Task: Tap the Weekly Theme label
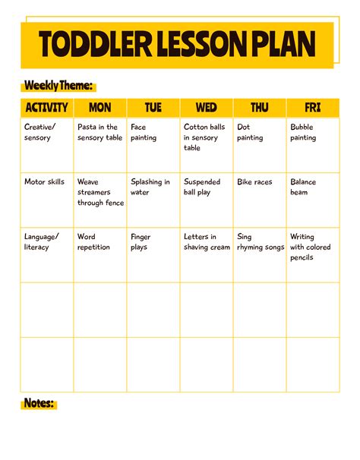[x=59, y=86]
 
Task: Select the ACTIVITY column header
[x=46, y=108]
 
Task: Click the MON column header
[x=99, y=108]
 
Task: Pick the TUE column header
[x=153, y=108]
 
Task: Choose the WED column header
[x=206, y=108]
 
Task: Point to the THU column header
[x=259, y=108]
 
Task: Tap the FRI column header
[x=312, y=108]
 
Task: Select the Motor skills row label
[x=44, y=182]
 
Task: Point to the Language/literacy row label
[x=42, y=242]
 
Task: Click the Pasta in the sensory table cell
[x=99, y=133]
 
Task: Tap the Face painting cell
[x=144, y=133]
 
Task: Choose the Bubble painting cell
[x=303, y=133]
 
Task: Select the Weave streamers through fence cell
[x=99, y=192]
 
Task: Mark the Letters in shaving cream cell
[x=205, y=242]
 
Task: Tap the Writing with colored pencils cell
[x=311, y=247]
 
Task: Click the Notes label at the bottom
[x=39, y=403]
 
